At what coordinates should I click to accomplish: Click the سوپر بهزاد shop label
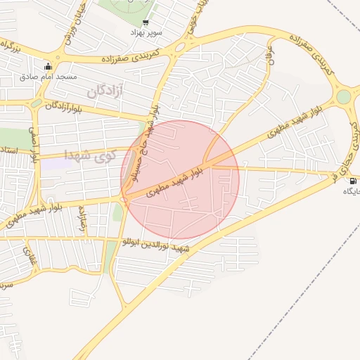point(146,33)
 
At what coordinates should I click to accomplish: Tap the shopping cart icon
point(146,22)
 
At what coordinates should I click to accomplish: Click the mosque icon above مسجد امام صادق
point(48,67)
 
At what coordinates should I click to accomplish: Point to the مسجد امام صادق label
point(49,76)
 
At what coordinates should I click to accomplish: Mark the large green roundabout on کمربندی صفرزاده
point(343,97)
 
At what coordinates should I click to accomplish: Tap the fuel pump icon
point(352,181)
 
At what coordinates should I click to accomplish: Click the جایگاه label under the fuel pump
point(352,191)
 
